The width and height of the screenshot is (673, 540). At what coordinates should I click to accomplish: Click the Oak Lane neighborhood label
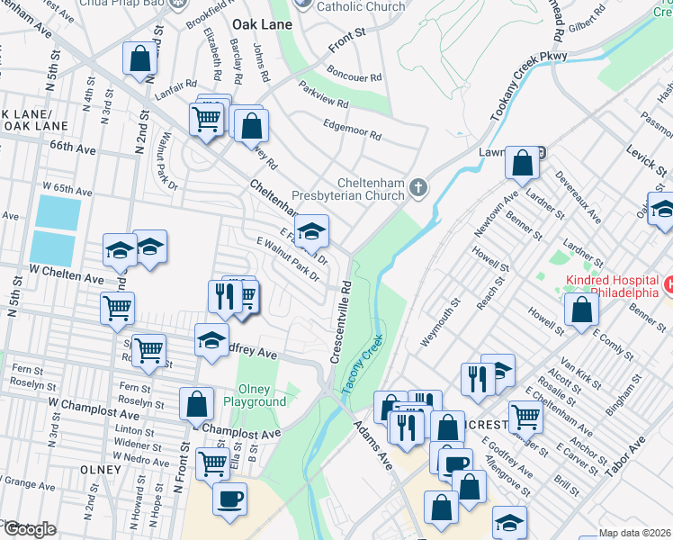point(262,24)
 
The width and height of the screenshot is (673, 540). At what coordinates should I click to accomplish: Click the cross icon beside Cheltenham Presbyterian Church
point(417,188)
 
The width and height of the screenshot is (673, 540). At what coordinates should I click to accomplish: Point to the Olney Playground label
point(255,395)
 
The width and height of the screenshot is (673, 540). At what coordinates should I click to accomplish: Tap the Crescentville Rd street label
point(344,324)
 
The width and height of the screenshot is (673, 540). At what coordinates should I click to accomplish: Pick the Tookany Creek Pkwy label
point(522,86)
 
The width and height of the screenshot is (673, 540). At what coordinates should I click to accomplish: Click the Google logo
point(29,529)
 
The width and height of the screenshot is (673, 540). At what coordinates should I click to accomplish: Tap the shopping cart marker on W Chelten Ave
point(118,308)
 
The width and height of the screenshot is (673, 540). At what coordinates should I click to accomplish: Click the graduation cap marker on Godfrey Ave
point(211,341)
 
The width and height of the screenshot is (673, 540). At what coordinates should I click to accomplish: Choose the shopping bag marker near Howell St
point(582,310)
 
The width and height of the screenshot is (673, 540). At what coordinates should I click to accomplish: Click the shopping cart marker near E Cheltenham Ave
point(525,416)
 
